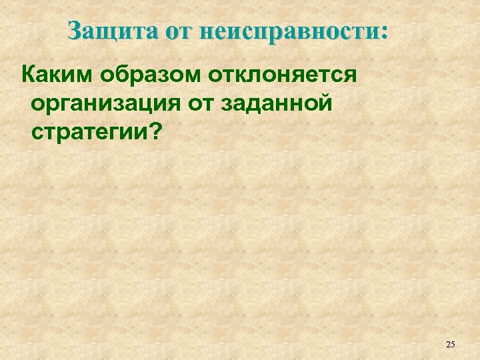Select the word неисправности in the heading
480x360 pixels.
point(287,31)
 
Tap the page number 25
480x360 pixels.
point(450,344)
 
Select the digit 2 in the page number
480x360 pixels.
point(447,344)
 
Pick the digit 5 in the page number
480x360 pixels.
point(453,344)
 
